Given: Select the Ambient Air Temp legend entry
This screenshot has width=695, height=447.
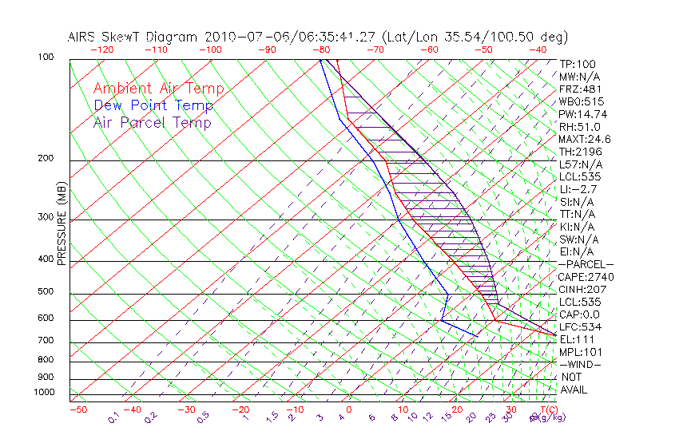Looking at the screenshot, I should click(x=158, y=89).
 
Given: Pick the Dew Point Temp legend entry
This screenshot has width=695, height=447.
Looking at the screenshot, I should click(x=153, y=105).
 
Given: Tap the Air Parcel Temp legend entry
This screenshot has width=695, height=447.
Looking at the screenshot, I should click(x=153, y=122).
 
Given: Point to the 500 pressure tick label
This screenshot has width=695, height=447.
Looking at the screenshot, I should click(x=46, y=292).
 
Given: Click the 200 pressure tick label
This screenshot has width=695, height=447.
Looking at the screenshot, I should click(x=46, y=159).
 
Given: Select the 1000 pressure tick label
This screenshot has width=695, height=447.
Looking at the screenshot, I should click(x=43, y=393).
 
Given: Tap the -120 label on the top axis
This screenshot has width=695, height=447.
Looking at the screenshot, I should click(x=101, y=49).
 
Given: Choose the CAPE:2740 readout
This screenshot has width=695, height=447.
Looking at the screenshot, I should click(x=586, y=277).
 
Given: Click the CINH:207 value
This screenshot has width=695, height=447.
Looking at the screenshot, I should click(x=582, y=289).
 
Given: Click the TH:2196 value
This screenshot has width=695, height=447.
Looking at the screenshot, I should click(x=580, y=152).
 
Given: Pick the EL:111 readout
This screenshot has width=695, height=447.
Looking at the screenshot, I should click(x=577, y=339).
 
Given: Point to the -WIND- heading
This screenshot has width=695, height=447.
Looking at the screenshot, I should click(x=580, y=364).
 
